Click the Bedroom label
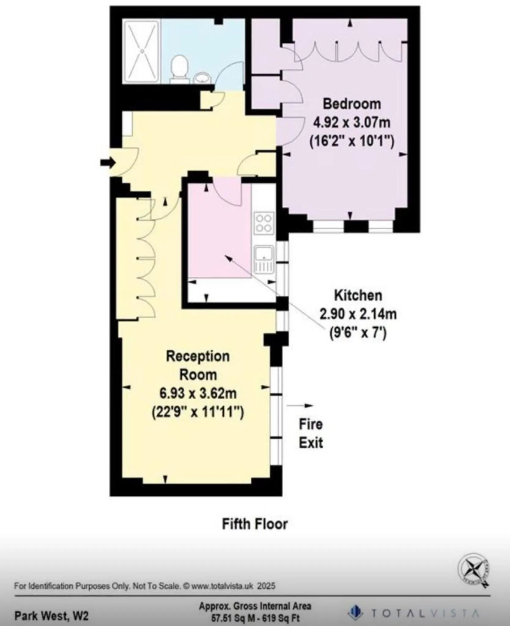352,104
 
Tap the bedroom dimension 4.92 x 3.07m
352,123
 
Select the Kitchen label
358,296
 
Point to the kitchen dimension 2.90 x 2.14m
358,314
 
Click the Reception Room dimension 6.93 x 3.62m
198,393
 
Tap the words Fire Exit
311,433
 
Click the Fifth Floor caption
255,524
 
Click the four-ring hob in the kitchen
264,223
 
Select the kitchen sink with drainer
264,260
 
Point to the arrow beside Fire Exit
300,406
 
